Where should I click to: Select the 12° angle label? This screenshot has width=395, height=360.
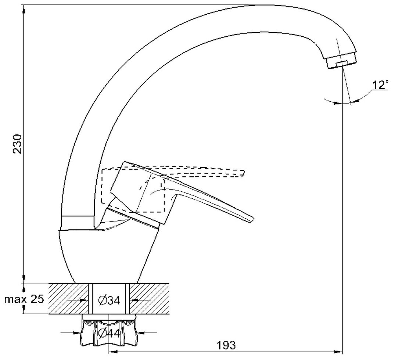380,86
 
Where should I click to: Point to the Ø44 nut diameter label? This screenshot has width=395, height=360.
109,333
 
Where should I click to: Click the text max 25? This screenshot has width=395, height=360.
24,299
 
